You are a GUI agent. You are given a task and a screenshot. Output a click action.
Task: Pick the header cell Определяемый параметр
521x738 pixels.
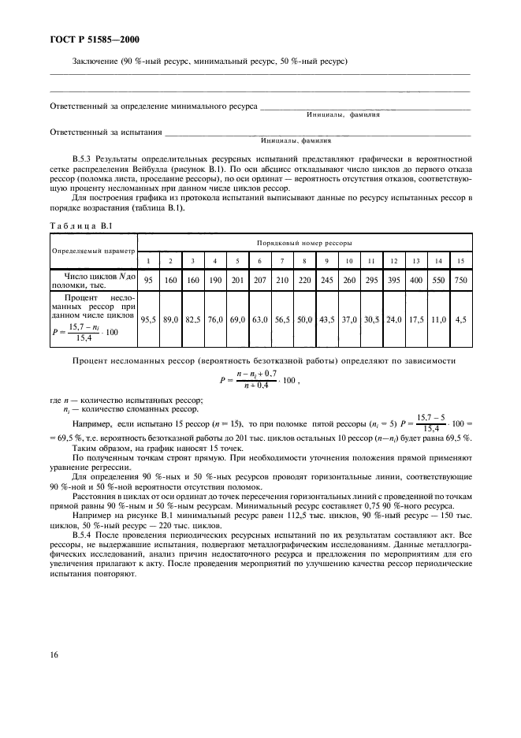[x=94, y=252]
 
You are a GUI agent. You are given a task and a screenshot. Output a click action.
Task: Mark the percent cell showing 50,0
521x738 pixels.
[x=303, y=319]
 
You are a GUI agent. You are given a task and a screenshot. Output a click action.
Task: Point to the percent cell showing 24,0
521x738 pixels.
[x=392, y=319]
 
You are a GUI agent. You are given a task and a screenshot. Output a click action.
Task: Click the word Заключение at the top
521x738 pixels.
[x=96, y=61]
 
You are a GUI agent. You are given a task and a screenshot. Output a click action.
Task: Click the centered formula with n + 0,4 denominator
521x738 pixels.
[x=260, y=378]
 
